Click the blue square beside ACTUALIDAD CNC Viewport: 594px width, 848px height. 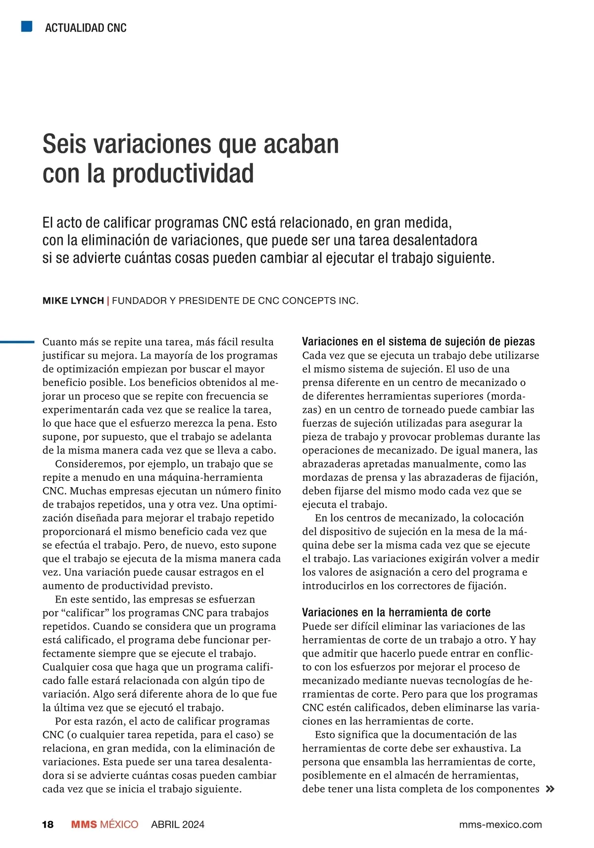[27, 26]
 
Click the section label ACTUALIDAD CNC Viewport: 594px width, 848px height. [86, 28]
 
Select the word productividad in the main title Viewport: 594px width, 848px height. [183, 173]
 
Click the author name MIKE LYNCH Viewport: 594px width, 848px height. [73, 300]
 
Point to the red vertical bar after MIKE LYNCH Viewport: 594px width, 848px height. [108, 300]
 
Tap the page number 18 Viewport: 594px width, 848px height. [48, 824]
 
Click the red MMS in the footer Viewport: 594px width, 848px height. [84, 824]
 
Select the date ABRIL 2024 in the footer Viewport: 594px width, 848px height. [178, 824]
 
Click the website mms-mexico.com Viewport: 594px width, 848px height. [500, 824]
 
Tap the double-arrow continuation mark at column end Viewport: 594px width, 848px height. [549, 789]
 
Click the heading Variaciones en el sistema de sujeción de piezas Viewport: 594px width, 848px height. [418, 341]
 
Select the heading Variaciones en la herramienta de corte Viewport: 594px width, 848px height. [396, 612]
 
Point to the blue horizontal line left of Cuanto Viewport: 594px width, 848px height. [17, 341]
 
